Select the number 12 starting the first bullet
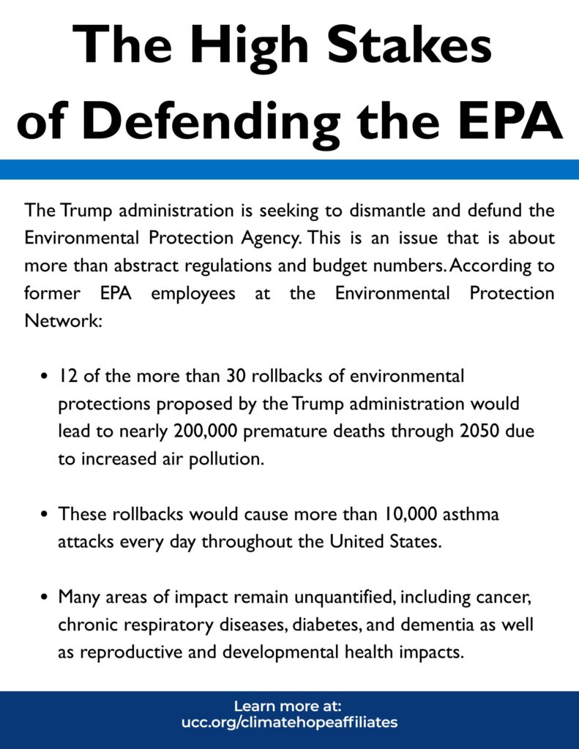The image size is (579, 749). tap(68, 376)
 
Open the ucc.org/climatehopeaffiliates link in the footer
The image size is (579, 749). tap(289, 723)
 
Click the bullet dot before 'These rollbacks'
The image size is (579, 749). tap(44, 515)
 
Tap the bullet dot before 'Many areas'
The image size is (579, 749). tap(44, 598)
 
